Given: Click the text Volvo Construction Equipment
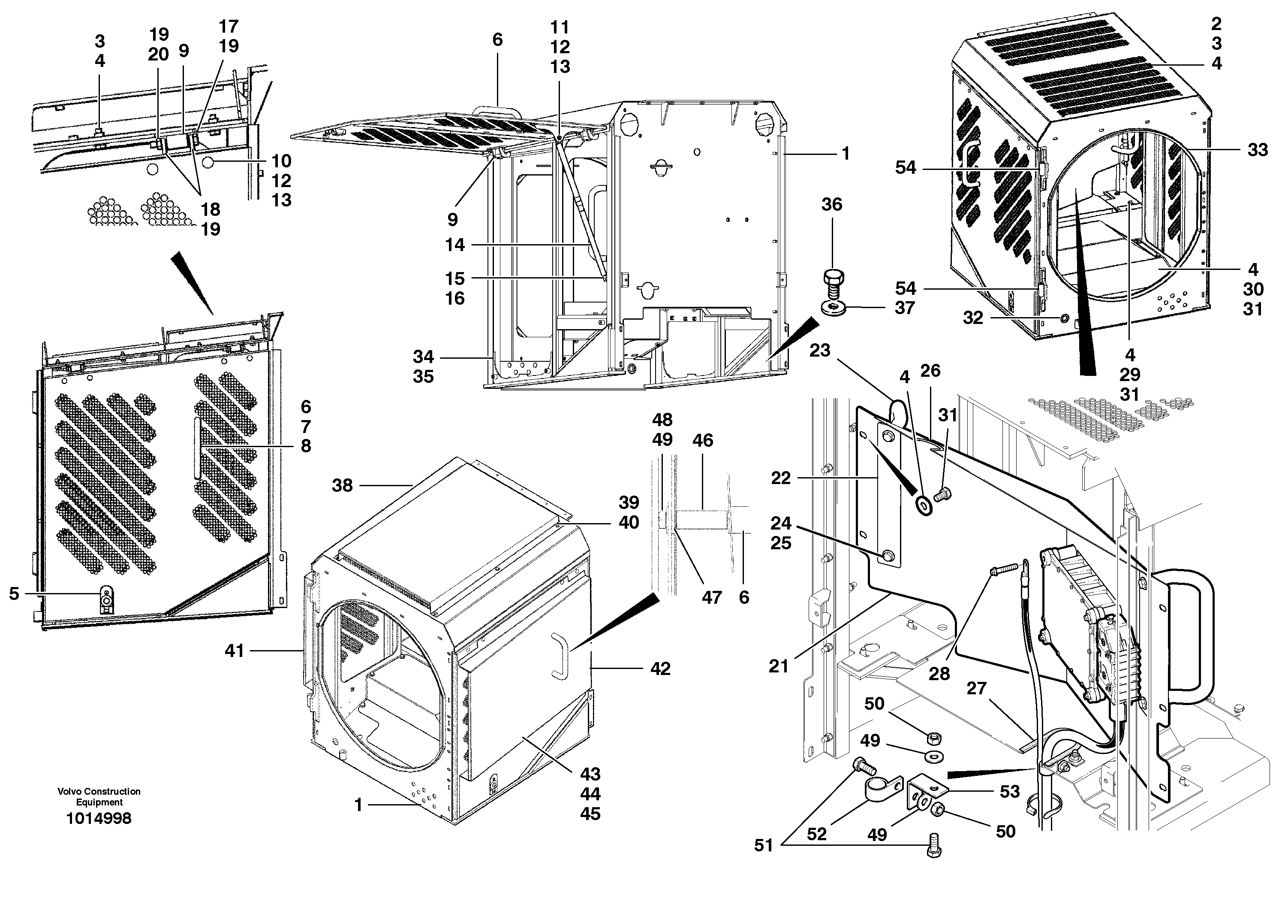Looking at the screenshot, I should (x=99, y=796).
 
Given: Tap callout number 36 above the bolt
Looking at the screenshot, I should (x=831, y=204).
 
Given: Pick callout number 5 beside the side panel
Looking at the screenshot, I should (x=14, y=593).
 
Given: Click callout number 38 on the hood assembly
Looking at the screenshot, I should (x=342, y=485).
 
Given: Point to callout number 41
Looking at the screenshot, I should (x=235, y=651).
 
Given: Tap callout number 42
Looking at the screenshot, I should (x=660, y=669).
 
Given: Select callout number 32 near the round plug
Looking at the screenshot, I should (x=972, y=318).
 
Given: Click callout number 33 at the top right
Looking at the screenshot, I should (x=1258, y=150).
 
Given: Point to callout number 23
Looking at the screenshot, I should (x=819, y=350).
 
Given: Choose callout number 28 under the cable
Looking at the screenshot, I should (x=939, y=674).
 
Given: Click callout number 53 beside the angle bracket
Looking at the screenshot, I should (x=1010, y=791).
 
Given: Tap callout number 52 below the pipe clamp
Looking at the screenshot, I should (x=817, y=834).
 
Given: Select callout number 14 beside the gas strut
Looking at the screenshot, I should (x=454, y=245).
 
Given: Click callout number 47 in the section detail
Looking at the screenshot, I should (x=711, y=597).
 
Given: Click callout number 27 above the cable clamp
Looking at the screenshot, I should (x=976, y=688).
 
